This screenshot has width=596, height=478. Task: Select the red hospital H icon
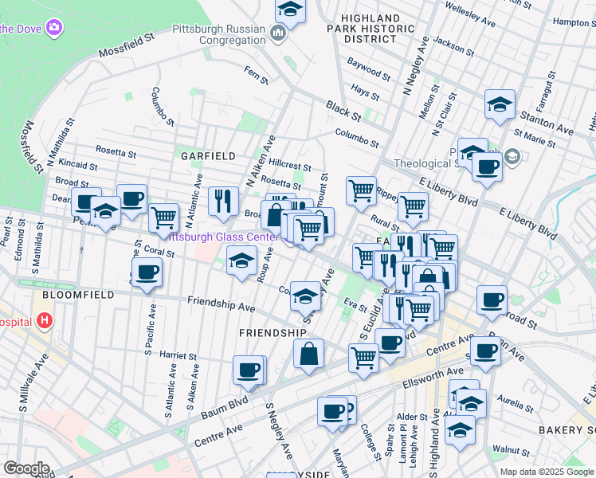pos(45,322)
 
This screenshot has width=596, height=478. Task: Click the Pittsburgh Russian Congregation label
pos(219,33)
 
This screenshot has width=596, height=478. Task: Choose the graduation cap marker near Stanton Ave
pos(500,104)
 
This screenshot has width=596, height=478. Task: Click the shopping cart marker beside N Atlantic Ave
pos(163,217)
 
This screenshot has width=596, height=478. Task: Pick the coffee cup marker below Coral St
pos(146,272)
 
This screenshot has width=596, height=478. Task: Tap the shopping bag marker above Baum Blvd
pos(308,354)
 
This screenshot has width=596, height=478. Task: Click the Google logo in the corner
pos(26,468)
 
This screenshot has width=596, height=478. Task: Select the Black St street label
pos(343,109)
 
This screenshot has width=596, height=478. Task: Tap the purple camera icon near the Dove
pos(54,28)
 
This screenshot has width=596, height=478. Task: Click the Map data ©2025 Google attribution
pos(547,472)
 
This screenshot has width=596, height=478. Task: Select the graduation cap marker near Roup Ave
pos(241,261)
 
